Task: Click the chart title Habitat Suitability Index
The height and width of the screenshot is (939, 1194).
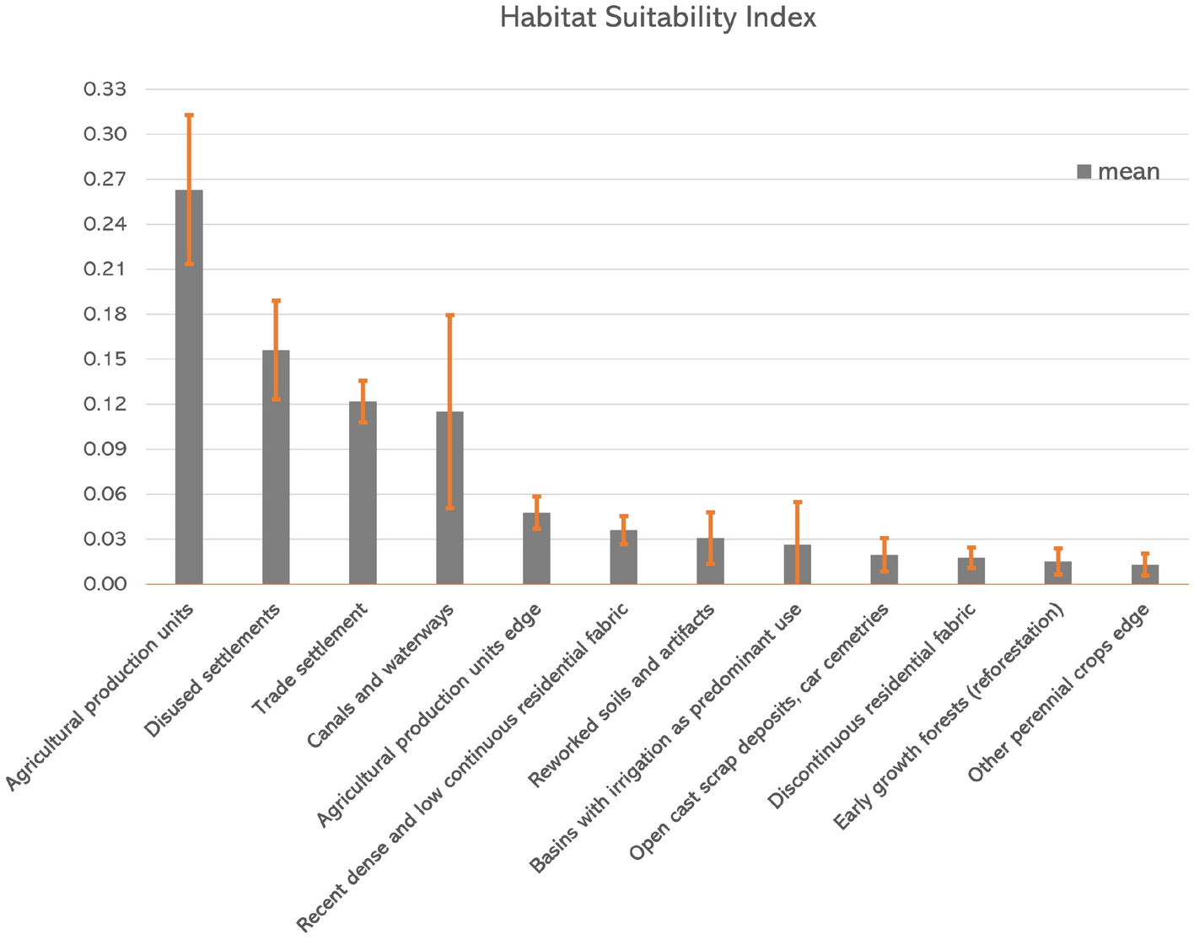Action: point(658,19)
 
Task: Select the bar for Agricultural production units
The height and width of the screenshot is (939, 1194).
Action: point(189,388)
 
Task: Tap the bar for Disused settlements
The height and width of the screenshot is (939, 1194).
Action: point(276,468)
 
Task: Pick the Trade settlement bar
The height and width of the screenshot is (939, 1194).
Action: point(363,493)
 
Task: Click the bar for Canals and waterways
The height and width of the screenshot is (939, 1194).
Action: point(449,497)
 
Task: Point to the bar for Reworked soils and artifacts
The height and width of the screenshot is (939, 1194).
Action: point(710,561)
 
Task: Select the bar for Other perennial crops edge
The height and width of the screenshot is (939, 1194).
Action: point(1144,575)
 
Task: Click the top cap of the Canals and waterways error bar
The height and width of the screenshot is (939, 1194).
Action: point(449,315)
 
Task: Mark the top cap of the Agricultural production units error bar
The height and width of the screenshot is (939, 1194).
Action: point(189,115)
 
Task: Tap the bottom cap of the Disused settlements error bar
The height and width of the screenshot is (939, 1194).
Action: point(276,399)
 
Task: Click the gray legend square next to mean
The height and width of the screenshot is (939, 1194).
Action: point(1084,172)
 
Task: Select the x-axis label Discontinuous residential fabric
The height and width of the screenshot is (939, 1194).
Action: point(873,705)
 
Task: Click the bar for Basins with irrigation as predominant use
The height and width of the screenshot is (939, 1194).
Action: point(797,565)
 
